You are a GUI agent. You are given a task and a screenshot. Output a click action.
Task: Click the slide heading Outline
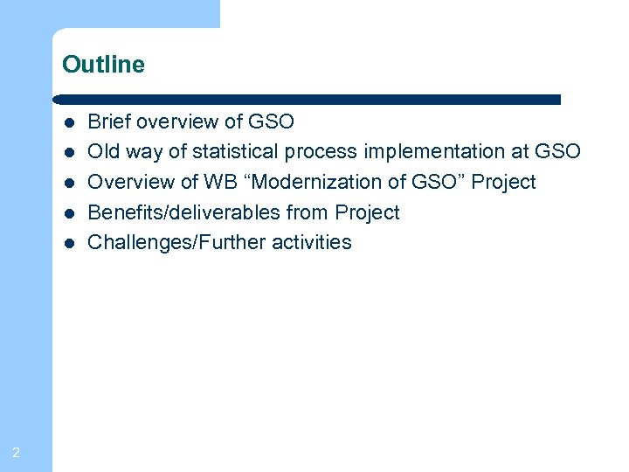[x=103, y=65]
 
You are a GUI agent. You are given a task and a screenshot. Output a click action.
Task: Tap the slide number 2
[x=17, y=452]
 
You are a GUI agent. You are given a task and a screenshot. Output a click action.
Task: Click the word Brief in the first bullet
[x=107, y=121]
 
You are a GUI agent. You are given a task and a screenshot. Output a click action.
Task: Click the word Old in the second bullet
[x=104, y=152]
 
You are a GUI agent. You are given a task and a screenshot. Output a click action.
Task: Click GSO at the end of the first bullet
[x=272, y=121]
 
